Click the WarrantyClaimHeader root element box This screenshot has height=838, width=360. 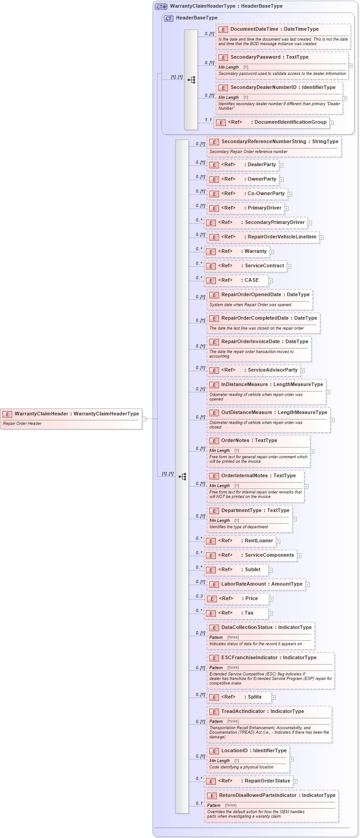71,418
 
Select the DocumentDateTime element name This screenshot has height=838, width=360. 254,29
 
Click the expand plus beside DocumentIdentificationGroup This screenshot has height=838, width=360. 332,122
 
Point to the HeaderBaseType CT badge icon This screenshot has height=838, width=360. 168,18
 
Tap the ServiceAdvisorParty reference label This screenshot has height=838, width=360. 273,370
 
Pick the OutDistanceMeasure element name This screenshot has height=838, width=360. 248,413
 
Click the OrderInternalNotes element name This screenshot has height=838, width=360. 244,476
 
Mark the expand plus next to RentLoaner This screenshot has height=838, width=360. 278,541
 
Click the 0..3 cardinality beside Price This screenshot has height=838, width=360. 199,596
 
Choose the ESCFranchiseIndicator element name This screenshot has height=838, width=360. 249,658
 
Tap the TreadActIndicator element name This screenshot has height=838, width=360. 243,712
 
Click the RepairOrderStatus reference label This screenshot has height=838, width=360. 267,781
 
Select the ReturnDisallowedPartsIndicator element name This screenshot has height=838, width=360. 258,796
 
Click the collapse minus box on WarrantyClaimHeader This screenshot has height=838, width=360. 144,419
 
